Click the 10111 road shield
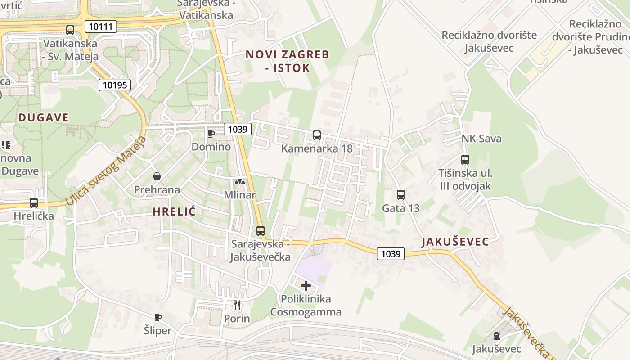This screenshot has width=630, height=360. pyautogui.click(x=100, y=27)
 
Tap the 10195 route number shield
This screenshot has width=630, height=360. pyautogui.click(x=115, y=85)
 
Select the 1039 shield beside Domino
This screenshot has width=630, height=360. pyautogui.click(x=238, y=130)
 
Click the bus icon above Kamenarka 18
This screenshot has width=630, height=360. pyautogui.click(x=317, y=135)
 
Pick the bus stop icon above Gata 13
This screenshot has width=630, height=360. pyautogui.click(x=401, y=195)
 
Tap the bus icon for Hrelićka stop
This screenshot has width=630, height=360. pyautogui.click(x=34, y=202)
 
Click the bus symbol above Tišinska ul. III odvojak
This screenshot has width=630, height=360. pyautogui.click(x=465, y=159)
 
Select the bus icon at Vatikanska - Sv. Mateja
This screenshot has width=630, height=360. pyautogui.click(x=70, y=30)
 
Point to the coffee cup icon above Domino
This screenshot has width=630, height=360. pyautogui.click(x=211, y=134)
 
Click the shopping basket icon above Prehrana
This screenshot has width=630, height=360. pyautogui.click(x=157, y=176)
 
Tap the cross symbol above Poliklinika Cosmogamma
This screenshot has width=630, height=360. pyautogui.click(x=306, y=285)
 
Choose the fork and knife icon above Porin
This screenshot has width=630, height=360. pyautogui.click(x=237, y=305)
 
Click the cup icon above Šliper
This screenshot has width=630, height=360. pyautogui.click(x=158, y=317)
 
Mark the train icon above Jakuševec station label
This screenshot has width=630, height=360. pyautogui.click(x=496, y=335)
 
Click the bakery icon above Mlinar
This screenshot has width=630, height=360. pyautogui.click(x=240, y=182)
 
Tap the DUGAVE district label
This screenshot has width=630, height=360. pyautogui.click(x=44, y=118)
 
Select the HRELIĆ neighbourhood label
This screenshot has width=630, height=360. pyautogui.click(x=174, y=211)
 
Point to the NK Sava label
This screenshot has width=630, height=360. pyautogui.click(x=481, y=139)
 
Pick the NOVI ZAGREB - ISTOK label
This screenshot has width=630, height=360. pyautogui.click(x=288, y=61)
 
